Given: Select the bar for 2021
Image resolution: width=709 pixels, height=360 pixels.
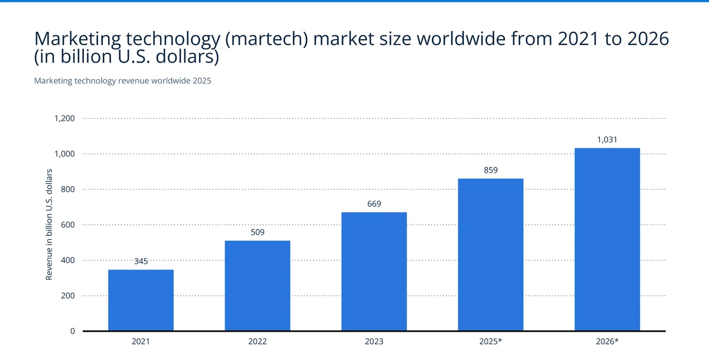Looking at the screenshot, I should [141, 300].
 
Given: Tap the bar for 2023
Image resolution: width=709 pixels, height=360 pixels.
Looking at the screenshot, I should [374, 271].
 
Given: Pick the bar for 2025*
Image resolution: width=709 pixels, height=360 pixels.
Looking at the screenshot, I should [490, 255].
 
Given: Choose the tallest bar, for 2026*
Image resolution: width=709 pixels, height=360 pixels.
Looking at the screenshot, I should [607, 239].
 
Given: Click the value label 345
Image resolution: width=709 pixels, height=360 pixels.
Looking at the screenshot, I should [141, 260].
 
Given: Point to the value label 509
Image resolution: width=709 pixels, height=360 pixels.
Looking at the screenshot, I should [258, 232].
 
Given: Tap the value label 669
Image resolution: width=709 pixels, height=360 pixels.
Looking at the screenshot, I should [374, 204].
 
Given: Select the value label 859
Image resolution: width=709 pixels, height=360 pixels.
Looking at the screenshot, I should [490, 170].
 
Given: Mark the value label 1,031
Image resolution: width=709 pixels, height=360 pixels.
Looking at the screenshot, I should [607, 140].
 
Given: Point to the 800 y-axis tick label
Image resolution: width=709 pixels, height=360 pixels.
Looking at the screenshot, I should [68, 189].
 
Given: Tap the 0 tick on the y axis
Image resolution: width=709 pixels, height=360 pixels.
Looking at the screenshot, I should [72, 331].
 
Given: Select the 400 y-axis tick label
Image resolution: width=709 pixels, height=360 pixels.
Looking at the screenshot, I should [68, 260].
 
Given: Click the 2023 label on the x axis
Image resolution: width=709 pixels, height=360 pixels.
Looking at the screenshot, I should [374, 342].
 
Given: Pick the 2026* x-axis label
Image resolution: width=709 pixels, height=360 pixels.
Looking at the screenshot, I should [607, 342].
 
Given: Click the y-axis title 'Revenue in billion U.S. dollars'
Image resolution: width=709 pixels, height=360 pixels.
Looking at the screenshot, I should [50, 225].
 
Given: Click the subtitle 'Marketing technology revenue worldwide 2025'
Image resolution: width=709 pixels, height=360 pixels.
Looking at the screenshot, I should [122, 81].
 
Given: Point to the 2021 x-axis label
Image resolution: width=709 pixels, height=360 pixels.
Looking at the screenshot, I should [141, 342].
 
